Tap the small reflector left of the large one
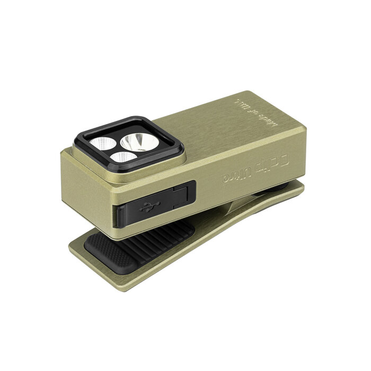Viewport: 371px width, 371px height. tap(102, 143)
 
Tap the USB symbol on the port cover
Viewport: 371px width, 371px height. tap(146, 208)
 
